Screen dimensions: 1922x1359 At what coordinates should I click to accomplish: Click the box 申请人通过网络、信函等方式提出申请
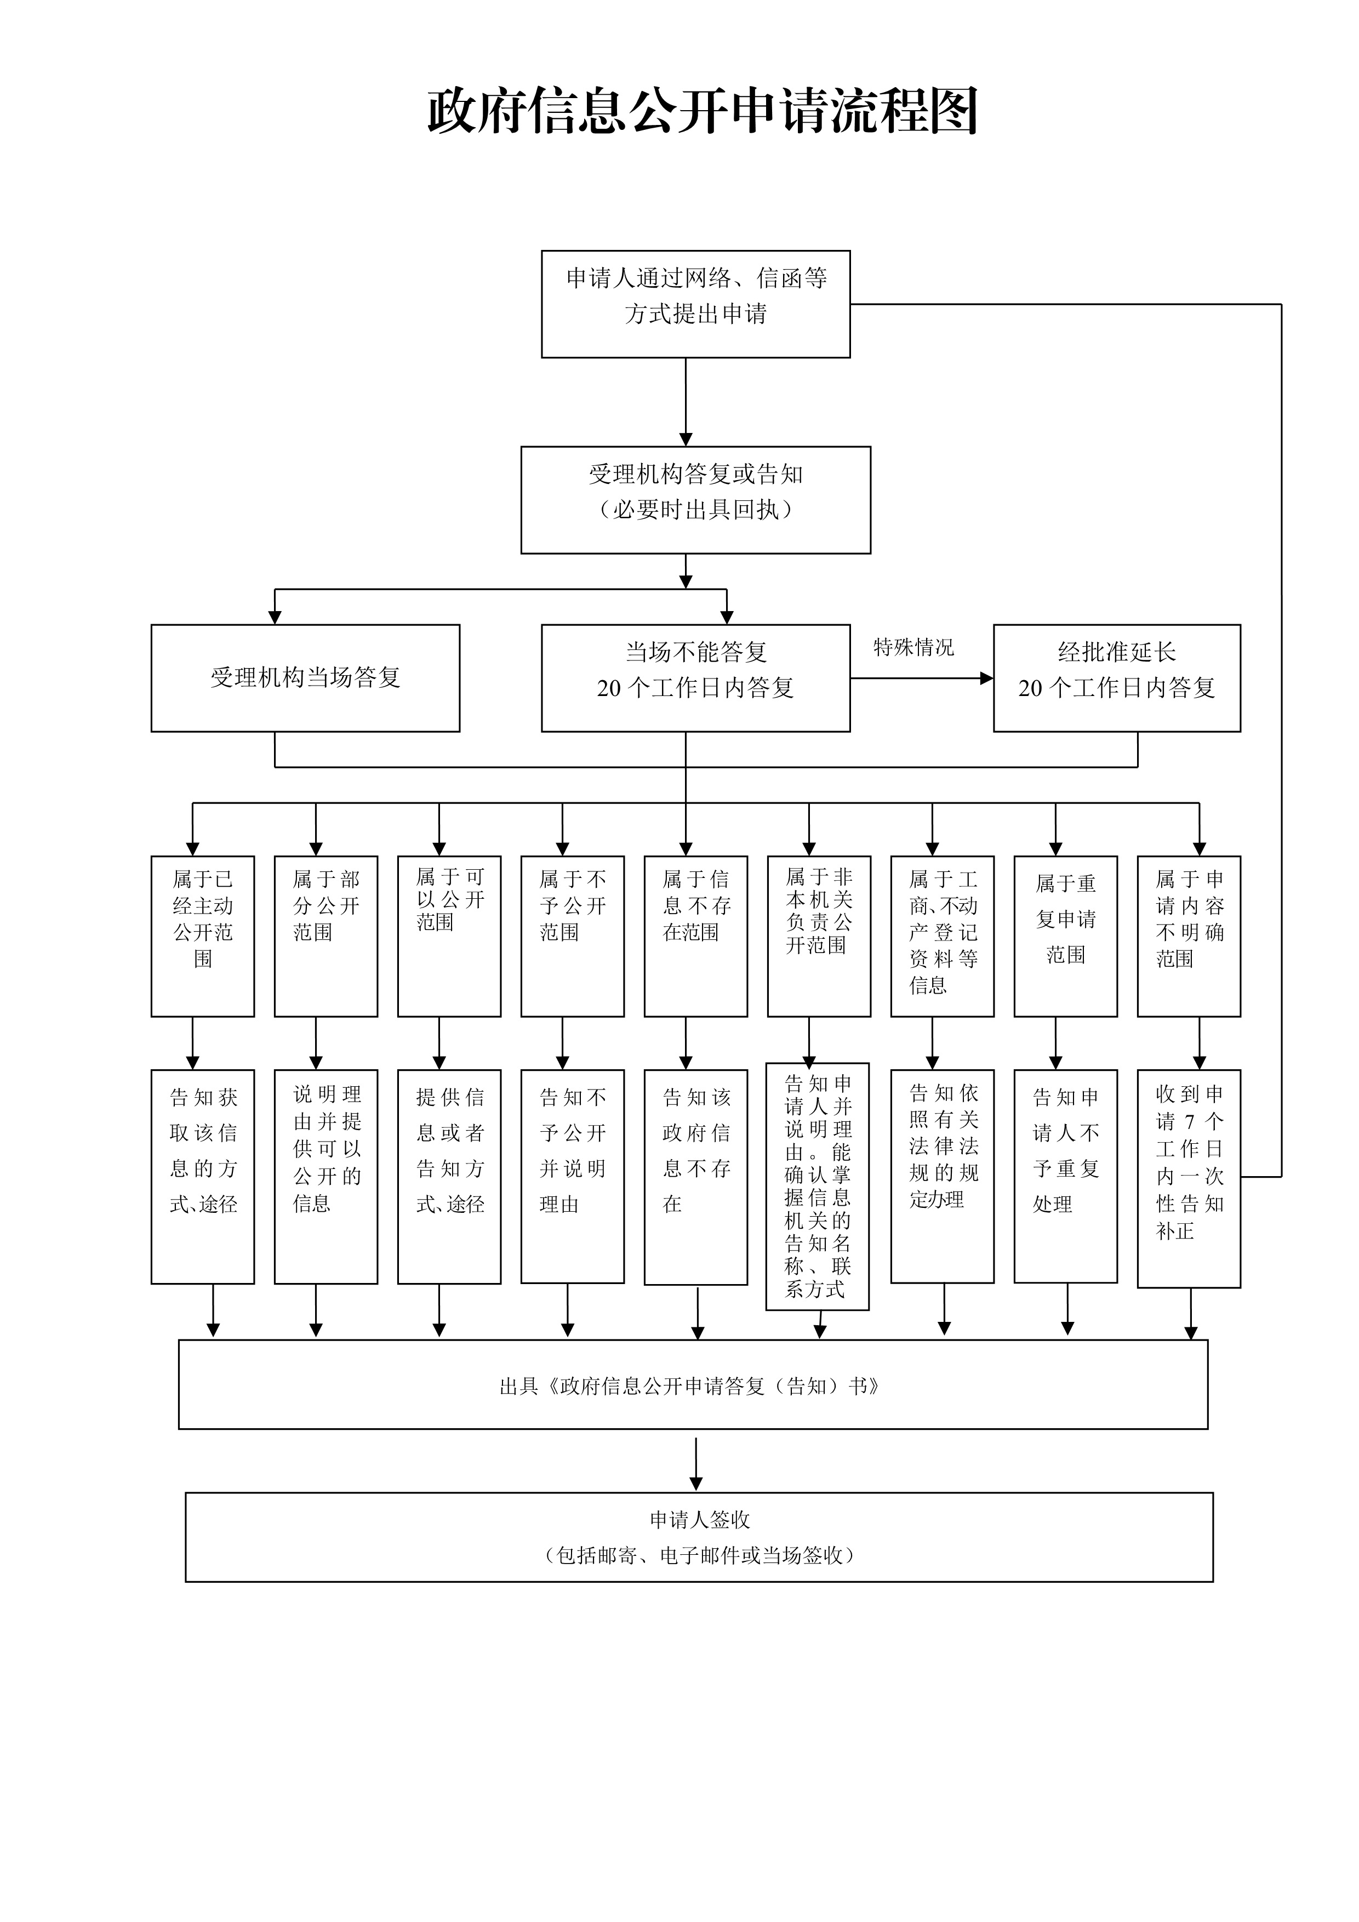point(695,304)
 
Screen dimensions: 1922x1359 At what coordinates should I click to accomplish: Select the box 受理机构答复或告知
point(695,500)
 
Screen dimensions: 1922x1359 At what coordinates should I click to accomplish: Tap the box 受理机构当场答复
point(305,678)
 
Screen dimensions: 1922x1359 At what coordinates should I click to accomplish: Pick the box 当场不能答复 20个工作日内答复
point(695,678)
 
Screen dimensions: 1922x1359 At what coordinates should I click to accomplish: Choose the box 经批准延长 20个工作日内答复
point(1116,678)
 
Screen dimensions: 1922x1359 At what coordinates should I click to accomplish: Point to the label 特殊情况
point(913,647)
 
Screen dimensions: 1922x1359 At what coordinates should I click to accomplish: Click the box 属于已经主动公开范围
point(203,936)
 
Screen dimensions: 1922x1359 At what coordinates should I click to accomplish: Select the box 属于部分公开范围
point(326,936)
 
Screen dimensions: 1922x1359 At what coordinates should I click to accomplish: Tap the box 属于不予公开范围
point(573,936)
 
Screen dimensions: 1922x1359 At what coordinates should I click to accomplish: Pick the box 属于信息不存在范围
point(695,936)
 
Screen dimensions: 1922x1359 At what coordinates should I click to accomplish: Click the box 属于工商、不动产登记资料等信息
point(943,936)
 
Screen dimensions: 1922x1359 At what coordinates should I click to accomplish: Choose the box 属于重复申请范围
point(1065,936)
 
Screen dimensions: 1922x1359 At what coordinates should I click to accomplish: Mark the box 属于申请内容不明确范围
point(1188,936)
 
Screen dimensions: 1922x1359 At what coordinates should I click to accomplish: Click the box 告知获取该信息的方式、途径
point(203,1176)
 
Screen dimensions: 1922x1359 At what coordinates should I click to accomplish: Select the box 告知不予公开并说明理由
point(573,1176)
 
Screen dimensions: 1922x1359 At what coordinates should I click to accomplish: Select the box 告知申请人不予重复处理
point(1065,1176)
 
